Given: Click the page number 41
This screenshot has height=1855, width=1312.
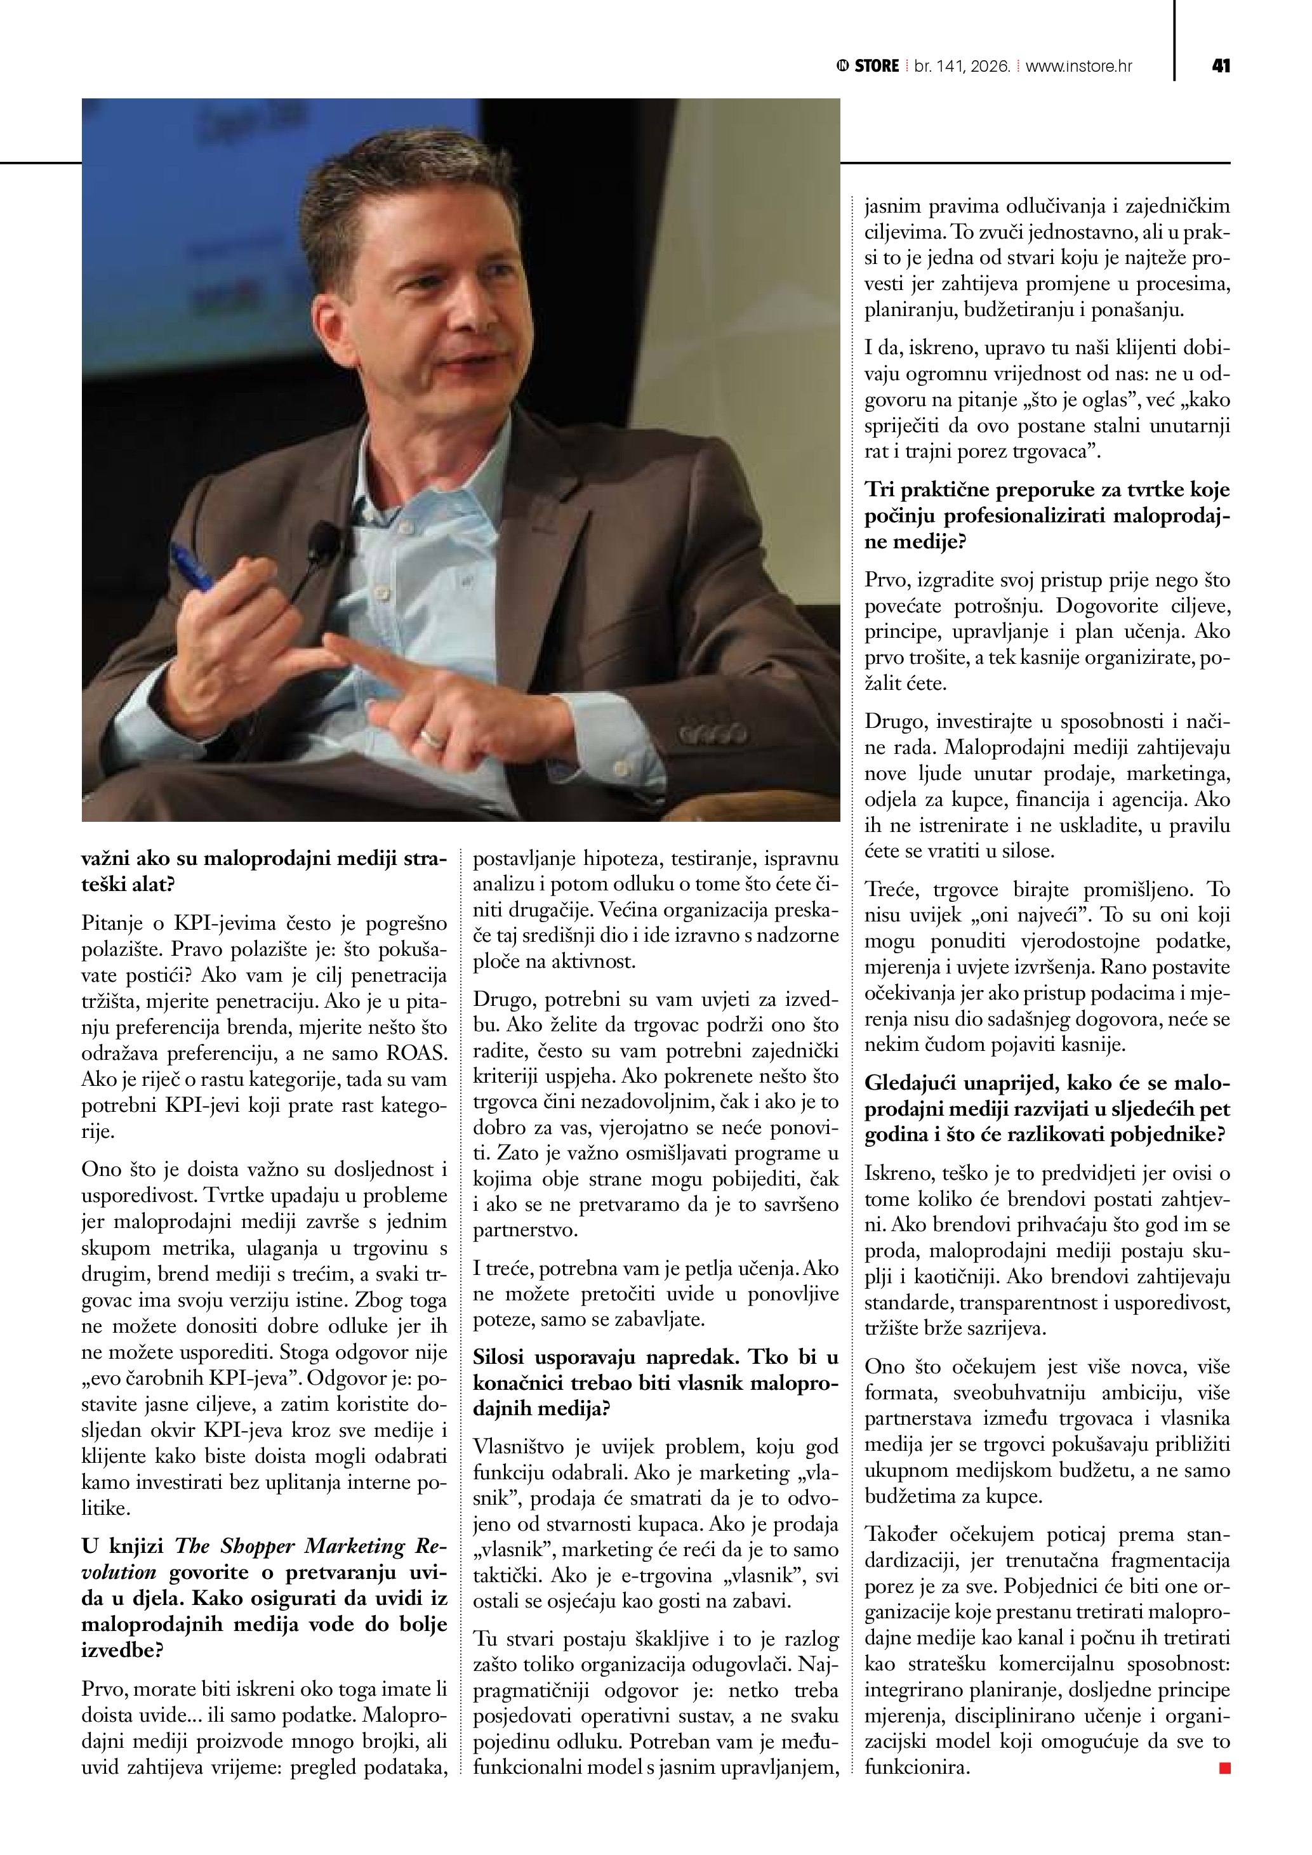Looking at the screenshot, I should (x=1221, y=66).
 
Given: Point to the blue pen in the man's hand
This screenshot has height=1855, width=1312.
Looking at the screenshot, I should (x=192, y=567).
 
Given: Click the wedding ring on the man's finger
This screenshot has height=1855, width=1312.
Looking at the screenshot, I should (x=432, y=737).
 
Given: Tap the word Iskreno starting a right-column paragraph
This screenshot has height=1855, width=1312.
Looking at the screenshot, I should (x=898, y=1173).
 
